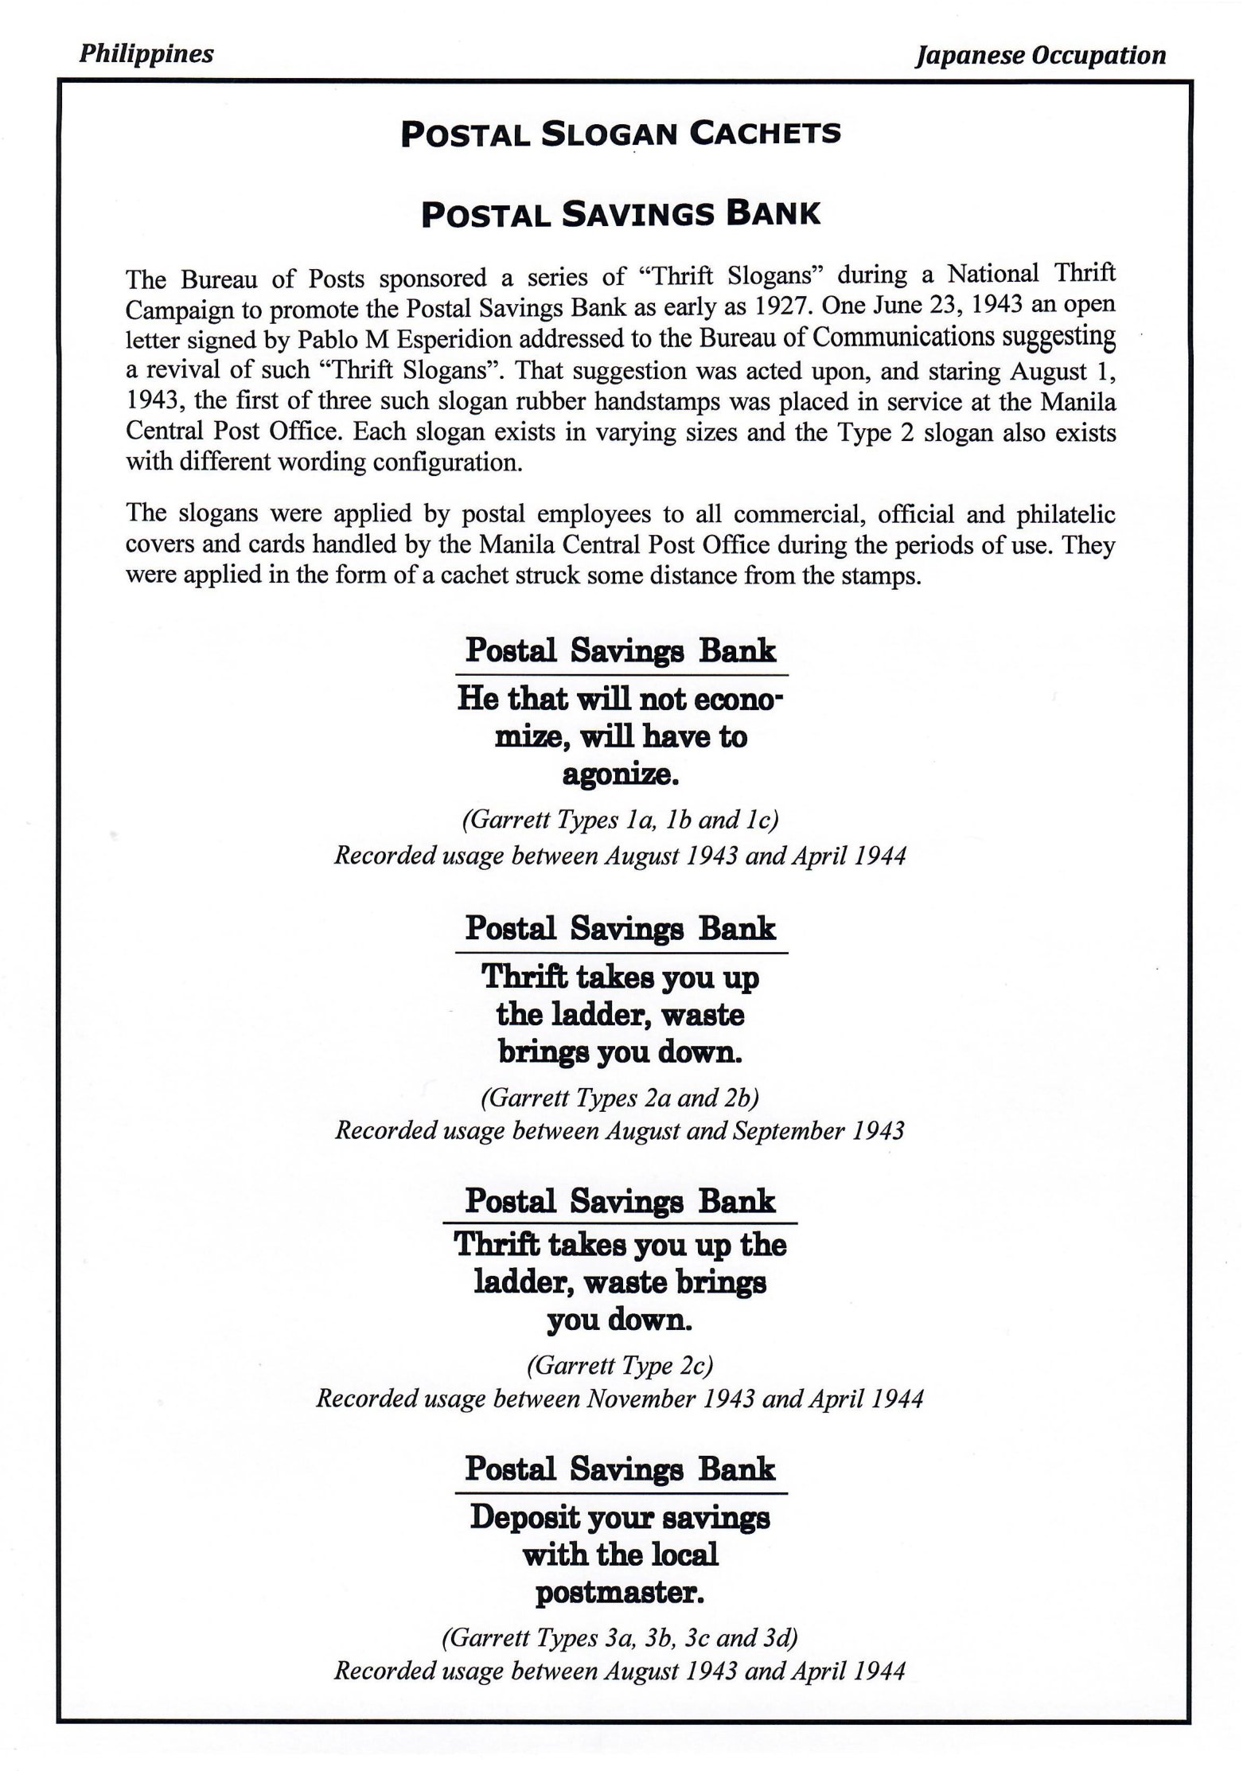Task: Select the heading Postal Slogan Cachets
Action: tap(621, 135)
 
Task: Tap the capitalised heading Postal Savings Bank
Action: tap(621, 214)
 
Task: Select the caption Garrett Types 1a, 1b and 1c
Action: tap(620, 820)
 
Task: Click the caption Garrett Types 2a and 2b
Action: tap(620, 1098)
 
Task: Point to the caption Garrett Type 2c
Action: tap(620, 1366)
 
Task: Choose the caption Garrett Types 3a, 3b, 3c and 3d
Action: tap(620, 1637)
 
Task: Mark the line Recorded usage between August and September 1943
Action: tap(620, 1131)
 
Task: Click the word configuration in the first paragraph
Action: tap(435, 462)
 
